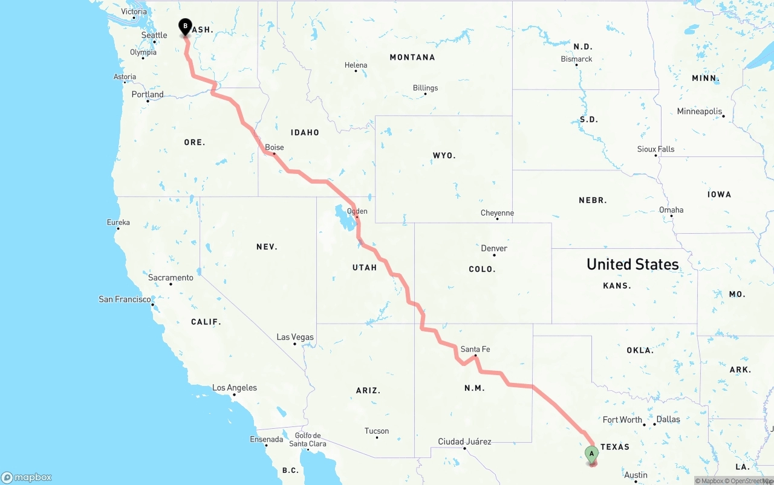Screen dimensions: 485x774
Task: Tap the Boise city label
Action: click(x=274, y=147)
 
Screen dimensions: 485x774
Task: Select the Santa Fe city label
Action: click(x=475, y=349)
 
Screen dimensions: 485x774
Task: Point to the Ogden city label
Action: click(x=357, y=211)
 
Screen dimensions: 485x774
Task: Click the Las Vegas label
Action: click(x=295, y=337)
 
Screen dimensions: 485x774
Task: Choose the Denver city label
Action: click(x=494, y=248)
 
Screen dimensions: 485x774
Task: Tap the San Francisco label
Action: click(x=125, y=299)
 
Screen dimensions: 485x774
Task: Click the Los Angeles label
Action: click(x=235, y=388)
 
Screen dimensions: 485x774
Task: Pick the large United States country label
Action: click(x=633, y=264)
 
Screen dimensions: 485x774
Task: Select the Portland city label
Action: click(x=148, y=94)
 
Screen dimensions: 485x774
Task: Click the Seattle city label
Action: click(x=154, y=35)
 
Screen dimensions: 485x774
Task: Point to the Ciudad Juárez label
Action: click(x=464, y=442)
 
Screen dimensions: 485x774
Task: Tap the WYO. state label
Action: click(x=444, y=155)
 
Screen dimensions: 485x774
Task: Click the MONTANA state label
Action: click(x=412, y=57)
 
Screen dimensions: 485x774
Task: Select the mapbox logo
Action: click(x=27, y=477)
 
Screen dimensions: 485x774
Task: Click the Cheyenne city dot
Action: click(x=497, y=219)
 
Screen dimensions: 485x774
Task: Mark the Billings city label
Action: click(x=425, y=88)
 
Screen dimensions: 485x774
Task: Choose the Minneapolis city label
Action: click(x=700, y=111)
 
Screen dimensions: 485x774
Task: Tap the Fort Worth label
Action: click(x=622, y=420)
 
